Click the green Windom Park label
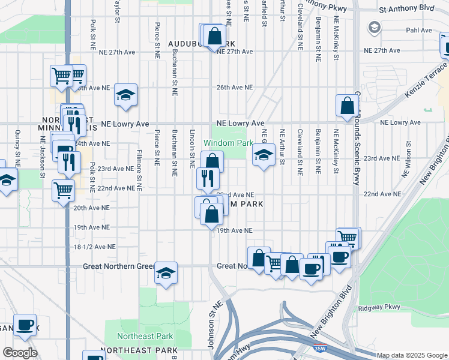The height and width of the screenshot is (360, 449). tap(228, 143)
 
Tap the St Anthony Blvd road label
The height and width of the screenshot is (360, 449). tap(406, 9)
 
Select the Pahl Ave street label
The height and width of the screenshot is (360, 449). tap(419, 30)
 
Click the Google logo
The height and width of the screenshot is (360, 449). tap(20, 353)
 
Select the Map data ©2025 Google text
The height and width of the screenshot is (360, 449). tap(411, 355)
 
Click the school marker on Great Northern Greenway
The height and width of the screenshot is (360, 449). tap(166, 274)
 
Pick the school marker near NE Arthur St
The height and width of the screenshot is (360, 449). tap(263, 155)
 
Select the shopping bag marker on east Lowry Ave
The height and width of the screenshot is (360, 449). tap(347, 106)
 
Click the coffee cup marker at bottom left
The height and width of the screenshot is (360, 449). tap(25, 325)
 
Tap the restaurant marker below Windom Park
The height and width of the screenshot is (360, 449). tap(208, 179)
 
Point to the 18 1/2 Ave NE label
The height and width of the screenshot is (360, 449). tap(92, 247)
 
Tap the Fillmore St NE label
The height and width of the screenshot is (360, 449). tap(139, 169)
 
